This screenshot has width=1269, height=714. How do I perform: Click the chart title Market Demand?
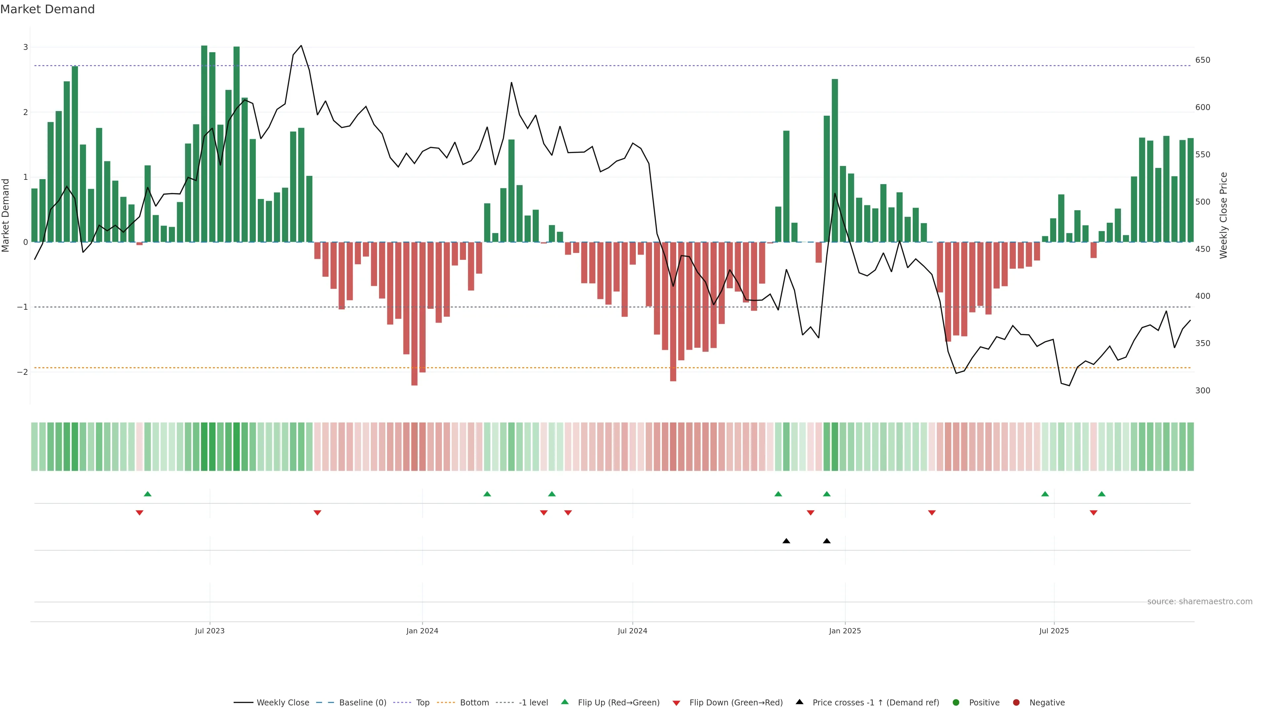click(x=47, y=9)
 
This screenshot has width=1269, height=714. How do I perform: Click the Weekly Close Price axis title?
click(x=1224, y=215)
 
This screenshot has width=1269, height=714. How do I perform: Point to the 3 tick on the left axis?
click(x=26, y=47)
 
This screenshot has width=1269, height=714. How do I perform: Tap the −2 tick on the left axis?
click(x=23, y=372)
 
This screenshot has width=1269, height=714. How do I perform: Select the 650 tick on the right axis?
click(x=1203, y=60)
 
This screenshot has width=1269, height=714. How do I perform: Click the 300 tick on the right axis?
click(x=1203, y=391)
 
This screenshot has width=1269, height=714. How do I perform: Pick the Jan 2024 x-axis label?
click(x=422, y=631)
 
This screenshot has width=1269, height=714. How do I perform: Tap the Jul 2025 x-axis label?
click(x=1054, y=631)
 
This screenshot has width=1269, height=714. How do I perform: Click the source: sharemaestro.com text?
click(x=1200, y=602)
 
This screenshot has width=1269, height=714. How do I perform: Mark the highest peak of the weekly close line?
click(x=301, y=46)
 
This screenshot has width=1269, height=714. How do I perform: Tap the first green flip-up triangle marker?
click(x=147, y=494)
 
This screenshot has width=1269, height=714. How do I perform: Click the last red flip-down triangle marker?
click(x=1094, y=513)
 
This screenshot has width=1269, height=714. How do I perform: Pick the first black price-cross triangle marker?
click(x=786, y=541)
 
